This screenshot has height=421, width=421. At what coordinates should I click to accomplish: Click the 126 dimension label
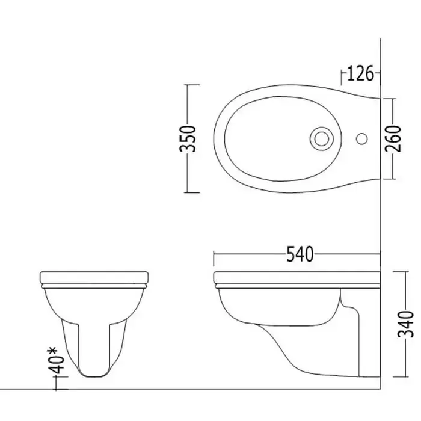pyautogui.click(x=360, y=73)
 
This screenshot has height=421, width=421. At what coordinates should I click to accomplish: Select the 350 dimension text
pyautogui.click(x=188, y=138)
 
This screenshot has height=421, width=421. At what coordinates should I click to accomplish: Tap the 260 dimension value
pyautogui.click(x=393, y=138)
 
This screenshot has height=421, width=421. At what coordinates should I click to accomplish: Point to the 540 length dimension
pyautogui.click(x=300, y=254)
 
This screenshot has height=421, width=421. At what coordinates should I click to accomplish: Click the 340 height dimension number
pyautogui.click(x=405, y=324)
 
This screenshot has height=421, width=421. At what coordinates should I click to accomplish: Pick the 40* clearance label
pyautogui.click(x=57, y=361)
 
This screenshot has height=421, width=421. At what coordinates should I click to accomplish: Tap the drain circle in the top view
pyautogui.click(x=322, y=138)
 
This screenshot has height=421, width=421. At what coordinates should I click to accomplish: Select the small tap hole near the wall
pyautogui.click(x=361, y=138)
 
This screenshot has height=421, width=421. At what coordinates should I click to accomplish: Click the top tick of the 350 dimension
pyautogui.click(x=192, y=85)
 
